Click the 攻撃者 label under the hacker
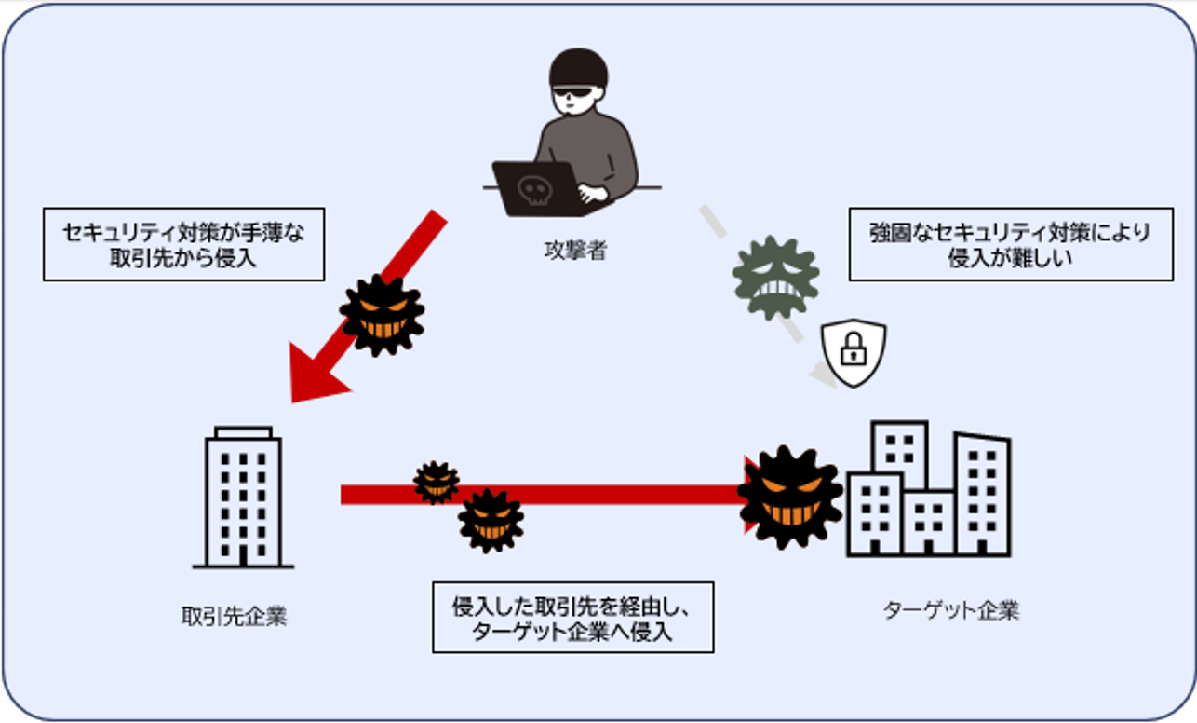click(574, 251)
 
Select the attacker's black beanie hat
click(578, 68)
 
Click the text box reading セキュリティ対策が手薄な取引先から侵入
click(183, 244)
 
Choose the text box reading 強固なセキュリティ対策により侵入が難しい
click(1010, 244)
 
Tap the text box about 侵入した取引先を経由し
click(572, 617)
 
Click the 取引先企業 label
click(234, 617)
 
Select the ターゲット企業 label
click(950, 611)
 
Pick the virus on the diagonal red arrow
click(382, 315)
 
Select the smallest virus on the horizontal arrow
click(436, 482)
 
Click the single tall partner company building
click(243, 498)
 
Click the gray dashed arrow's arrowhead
click(825, 376)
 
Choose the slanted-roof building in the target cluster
click(982, 494)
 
